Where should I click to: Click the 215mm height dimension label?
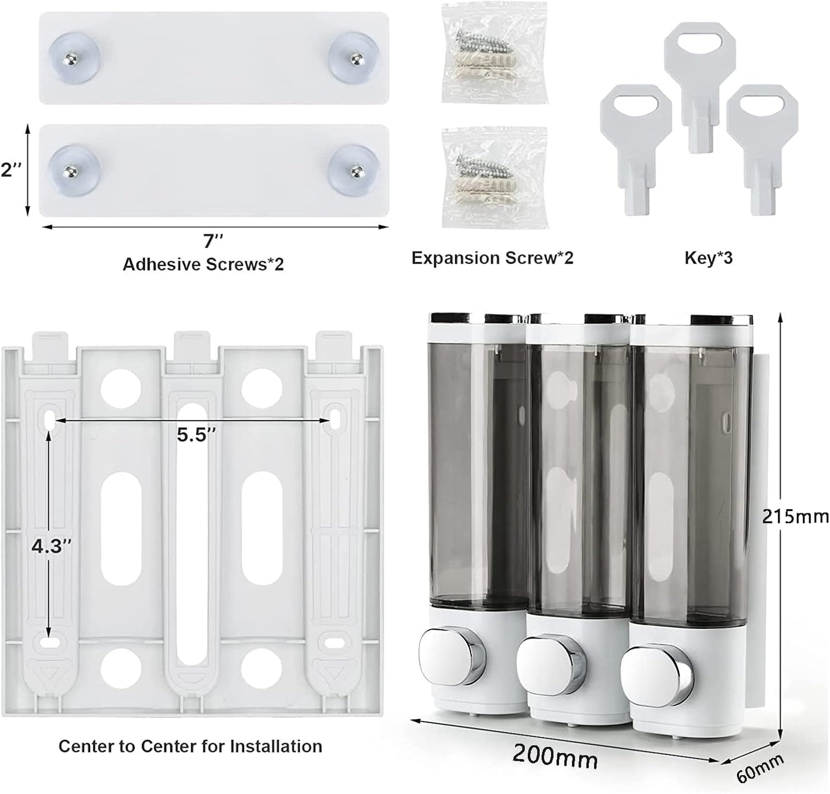point(795,516)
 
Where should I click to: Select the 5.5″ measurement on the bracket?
point(196,435)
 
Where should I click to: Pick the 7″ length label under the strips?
point(211,241)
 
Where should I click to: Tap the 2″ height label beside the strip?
point(11,170)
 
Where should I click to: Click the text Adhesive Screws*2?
point(203,264)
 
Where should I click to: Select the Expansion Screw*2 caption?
point(492,258)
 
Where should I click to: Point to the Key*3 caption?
point(708,258)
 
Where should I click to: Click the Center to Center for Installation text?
point(190,746)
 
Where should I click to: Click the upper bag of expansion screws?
point(493,53)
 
